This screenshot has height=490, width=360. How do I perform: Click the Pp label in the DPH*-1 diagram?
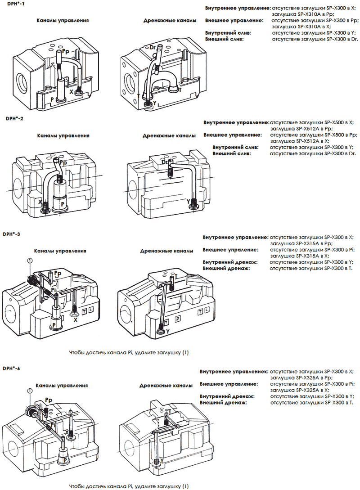67,52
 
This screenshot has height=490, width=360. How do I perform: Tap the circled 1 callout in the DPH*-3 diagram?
30,261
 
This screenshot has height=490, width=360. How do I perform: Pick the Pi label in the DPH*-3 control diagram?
54,291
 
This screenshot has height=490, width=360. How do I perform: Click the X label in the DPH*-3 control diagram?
75,320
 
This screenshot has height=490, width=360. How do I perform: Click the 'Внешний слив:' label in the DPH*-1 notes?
224,40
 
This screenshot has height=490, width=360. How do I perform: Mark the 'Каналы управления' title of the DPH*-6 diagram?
62,386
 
